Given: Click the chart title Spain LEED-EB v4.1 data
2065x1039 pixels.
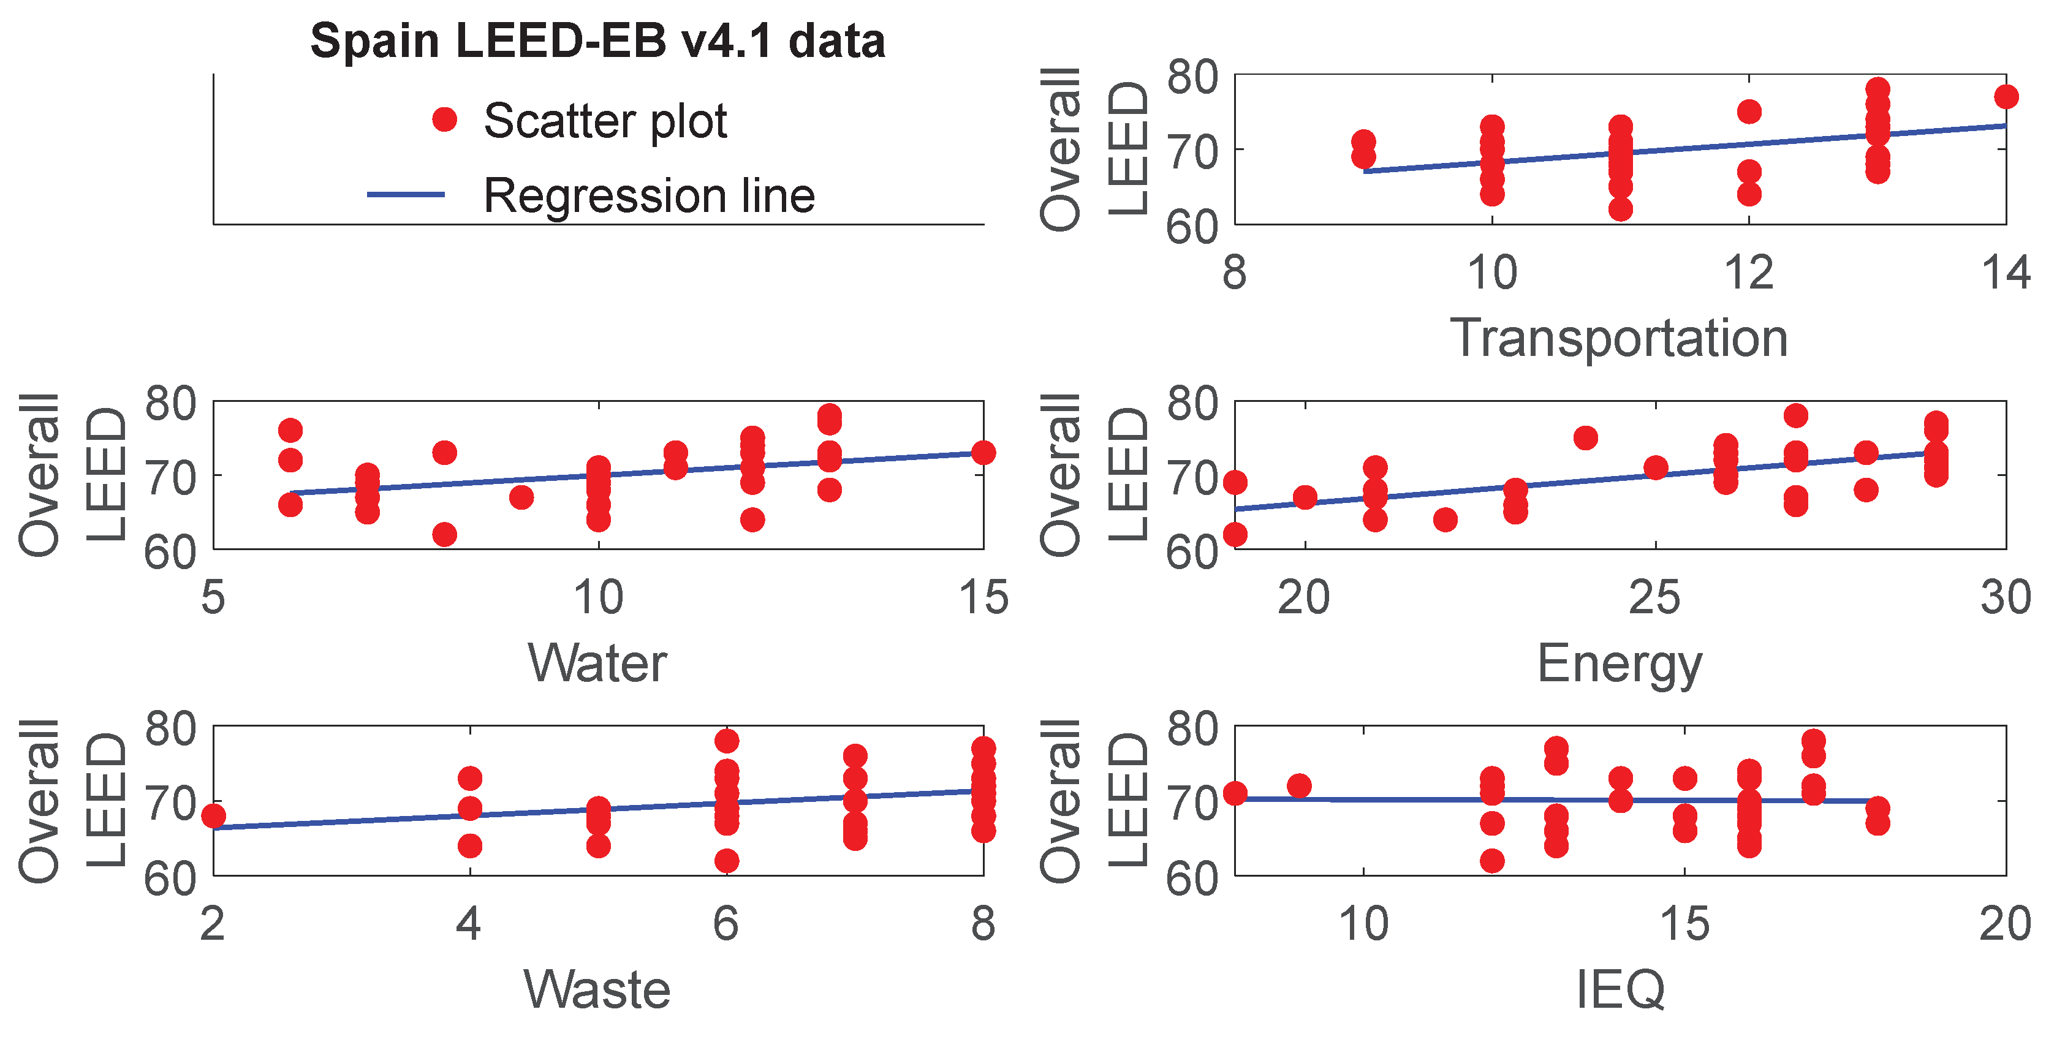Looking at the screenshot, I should (597, 41).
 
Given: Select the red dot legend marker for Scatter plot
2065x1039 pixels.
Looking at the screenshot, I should (444, 119).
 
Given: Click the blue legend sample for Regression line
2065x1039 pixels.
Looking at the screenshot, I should (406, 194).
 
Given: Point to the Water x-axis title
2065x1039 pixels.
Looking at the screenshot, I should (597, 664).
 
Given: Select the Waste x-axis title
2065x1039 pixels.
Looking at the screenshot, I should (597, 989).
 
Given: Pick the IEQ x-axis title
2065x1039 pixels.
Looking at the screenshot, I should (1620, 989).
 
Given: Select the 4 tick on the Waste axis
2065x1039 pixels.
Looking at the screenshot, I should (469, 924).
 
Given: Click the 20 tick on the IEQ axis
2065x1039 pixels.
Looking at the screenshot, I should (2004, 924).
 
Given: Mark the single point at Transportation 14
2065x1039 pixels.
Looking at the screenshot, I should (2006, 97).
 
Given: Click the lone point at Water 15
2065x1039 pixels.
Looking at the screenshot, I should (983, 453).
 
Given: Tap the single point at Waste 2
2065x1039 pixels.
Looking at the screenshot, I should (213, 816).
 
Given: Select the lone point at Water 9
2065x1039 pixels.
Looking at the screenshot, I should (521, 498).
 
